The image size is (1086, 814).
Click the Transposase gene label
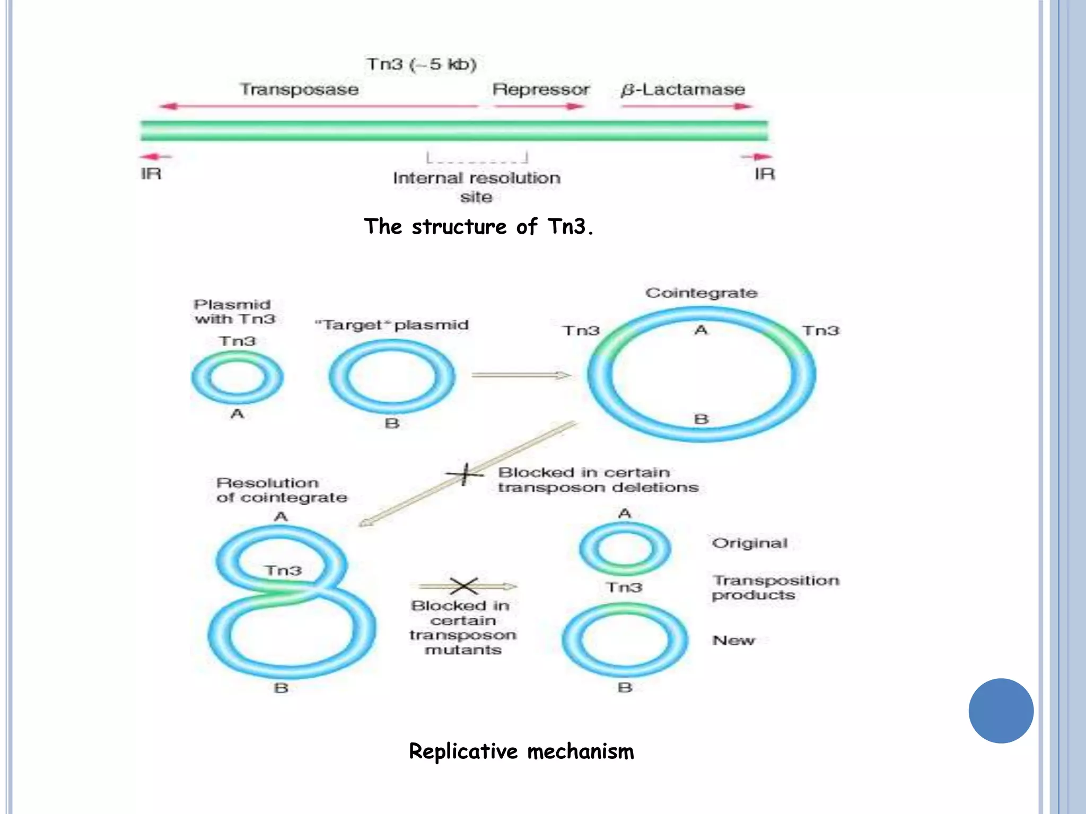(299, 90)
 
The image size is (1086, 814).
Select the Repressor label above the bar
(540, 90)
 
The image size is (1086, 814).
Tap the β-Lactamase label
(683, 90)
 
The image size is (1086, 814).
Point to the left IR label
(151, 174)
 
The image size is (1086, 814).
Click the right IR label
(765, 174)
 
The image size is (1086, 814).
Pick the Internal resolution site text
(476, 187)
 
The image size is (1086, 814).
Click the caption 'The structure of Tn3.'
(478, 227)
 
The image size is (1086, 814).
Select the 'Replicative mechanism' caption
(521, 751)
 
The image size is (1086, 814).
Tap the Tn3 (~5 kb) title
(422, 65)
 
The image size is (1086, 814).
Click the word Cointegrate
(701, 293)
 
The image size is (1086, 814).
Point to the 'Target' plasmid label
(392, 325)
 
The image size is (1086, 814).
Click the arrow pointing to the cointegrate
(521, 375)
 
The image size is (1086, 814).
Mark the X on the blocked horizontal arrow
(464, 586)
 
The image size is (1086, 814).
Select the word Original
(750, 543)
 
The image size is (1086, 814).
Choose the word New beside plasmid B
(733, 640)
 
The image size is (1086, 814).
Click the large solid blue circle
(1001, 711)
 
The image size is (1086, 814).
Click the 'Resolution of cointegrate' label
(281, 490)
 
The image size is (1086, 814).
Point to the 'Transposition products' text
(775, 588)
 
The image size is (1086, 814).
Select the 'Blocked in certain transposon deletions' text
(598, 480)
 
